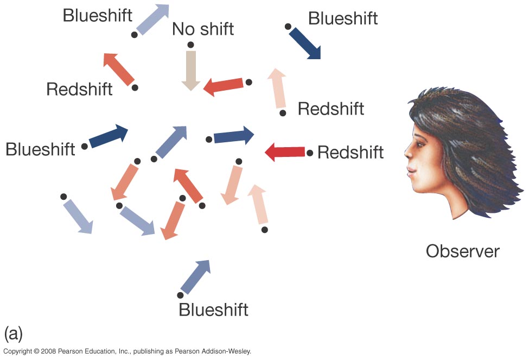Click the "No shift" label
[x=203, y=29]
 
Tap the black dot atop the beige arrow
[x=189, y=45]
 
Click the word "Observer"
[x=462, y=251]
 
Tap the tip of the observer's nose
[x=406, y=155]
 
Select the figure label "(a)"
[x=13, y=333]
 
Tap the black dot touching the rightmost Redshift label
[x=310, y=153]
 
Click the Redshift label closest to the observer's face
[x=350, y=153]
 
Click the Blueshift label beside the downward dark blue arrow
[x=343, y=18]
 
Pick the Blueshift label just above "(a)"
[x=213, y=310]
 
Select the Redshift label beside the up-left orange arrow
[x=79, y=89]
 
